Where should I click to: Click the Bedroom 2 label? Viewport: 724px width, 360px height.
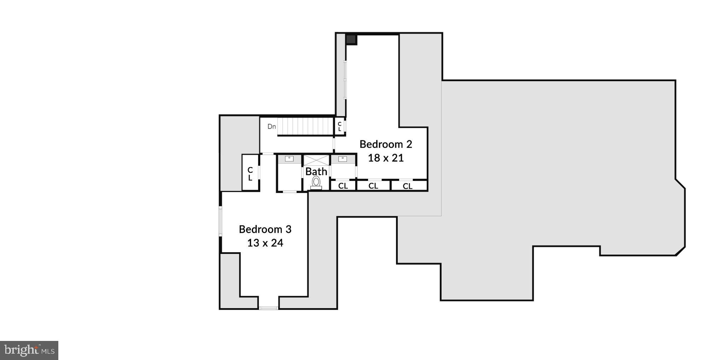(386, 144)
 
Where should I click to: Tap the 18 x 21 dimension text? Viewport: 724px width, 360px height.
(386, 158)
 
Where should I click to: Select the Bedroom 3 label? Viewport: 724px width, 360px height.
(265, 229)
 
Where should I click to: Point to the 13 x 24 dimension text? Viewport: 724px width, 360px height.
(265, 243)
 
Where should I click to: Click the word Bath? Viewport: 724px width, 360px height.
(316, 172)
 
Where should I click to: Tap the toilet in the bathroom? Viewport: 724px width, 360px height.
(316, 182)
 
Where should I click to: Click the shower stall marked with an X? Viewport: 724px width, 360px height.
(316, 160)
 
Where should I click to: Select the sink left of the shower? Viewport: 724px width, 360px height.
(289, 159)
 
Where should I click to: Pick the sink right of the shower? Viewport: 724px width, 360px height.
(343, 159)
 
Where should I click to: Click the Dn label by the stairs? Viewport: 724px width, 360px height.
(271, 126)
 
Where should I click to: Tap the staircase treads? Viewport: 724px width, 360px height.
(305, 126)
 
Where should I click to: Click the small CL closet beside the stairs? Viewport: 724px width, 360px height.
(340, 126)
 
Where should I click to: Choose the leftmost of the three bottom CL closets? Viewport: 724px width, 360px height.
(343, 186)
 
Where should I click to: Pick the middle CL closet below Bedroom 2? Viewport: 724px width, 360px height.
(373, 186)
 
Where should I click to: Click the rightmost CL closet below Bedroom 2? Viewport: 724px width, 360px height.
(408, 186)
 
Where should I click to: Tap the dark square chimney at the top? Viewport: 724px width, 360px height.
(351, 39)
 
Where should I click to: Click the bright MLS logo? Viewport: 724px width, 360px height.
(29, 350)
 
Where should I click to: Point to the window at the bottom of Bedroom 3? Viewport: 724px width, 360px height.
(269, 308)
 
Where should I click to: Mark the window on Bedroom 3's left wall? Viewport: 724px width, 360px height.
(221, 222)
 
